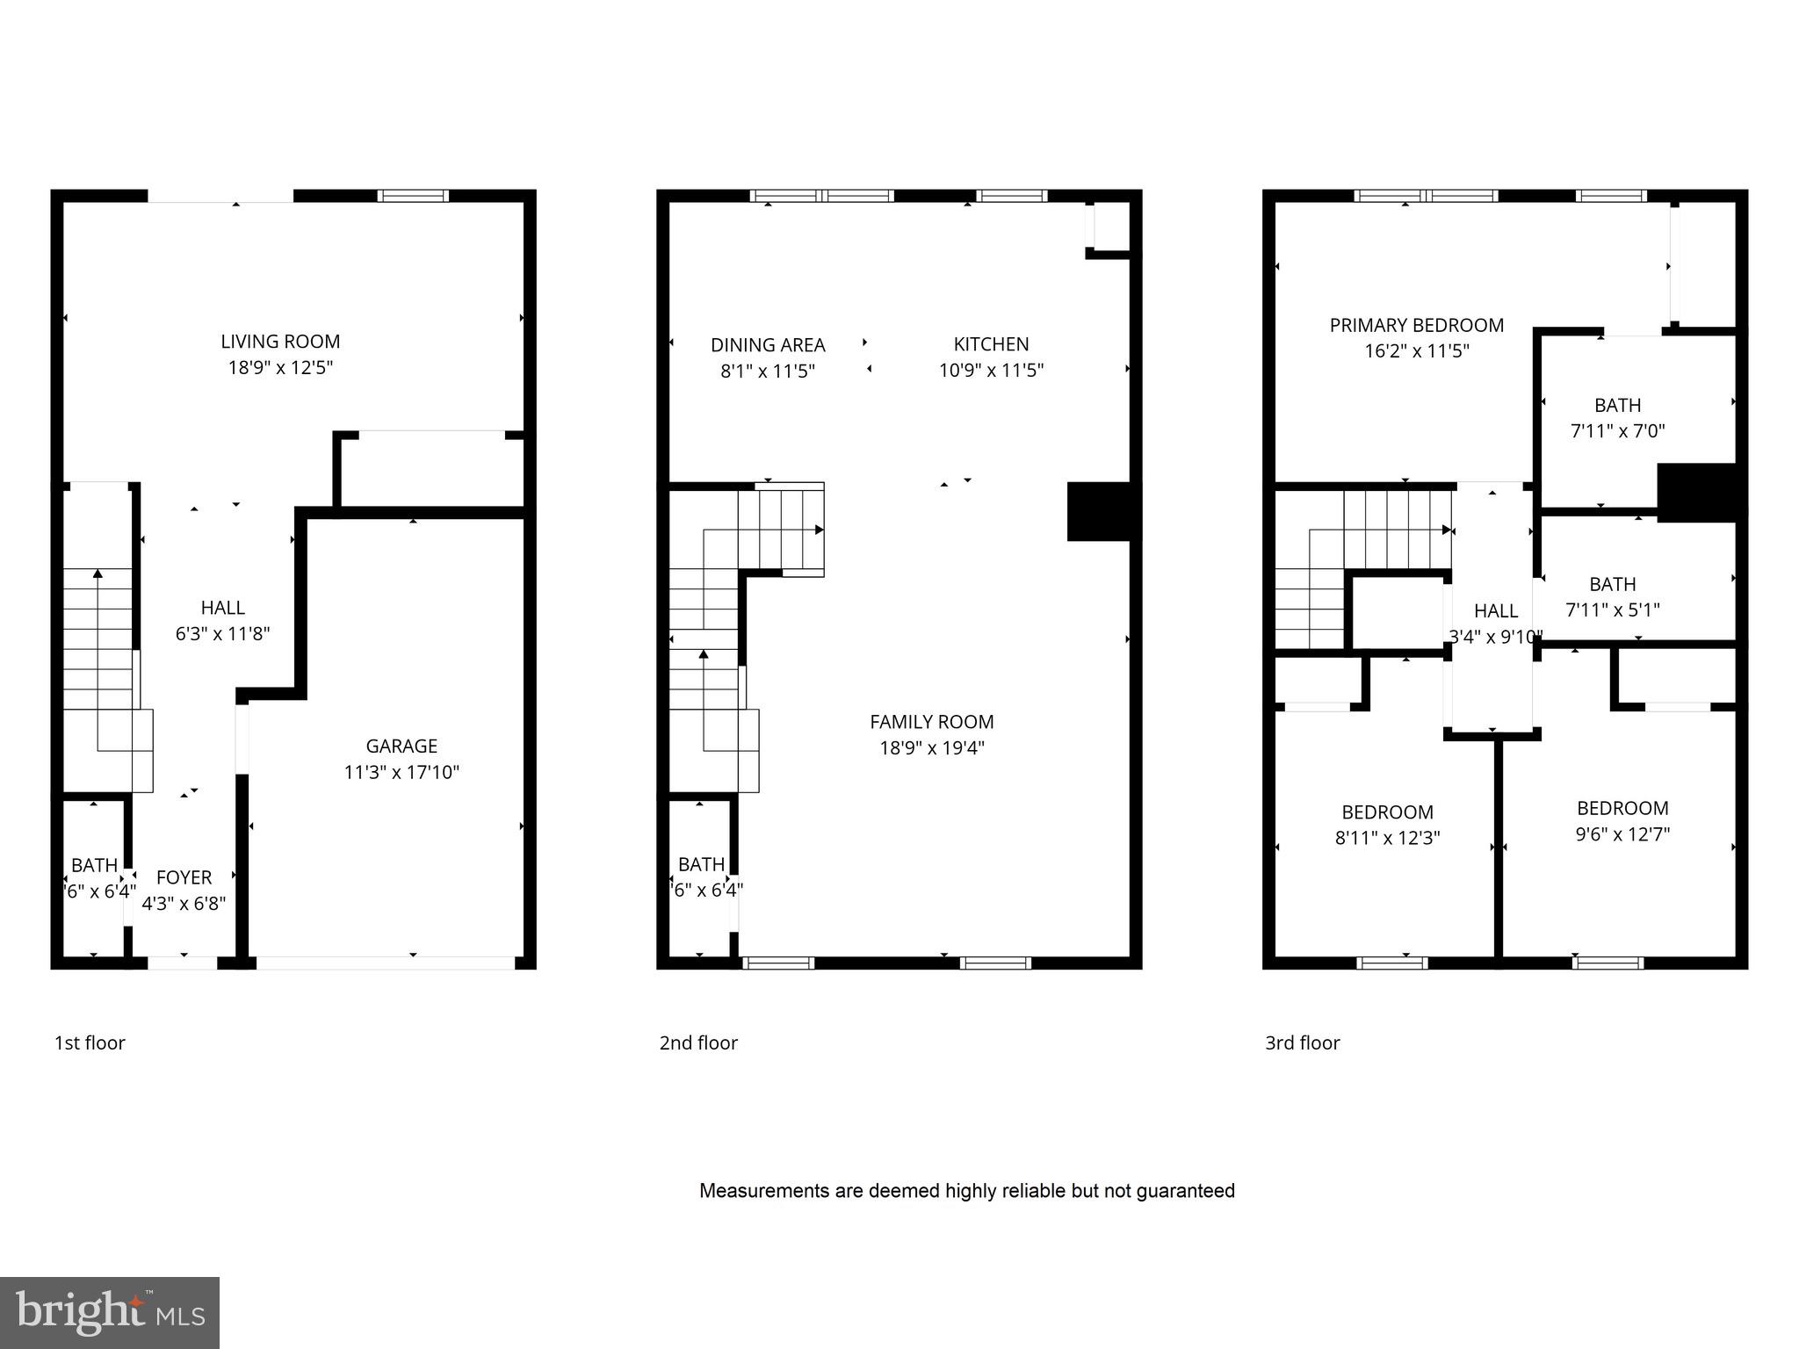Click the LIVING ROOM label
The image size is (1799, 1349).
(x=280, y=342)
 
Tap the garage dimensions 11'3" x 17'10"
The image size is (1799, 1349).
(x=401, y=772)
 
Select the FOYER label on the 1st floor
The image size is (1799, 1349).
(x=184, y=877)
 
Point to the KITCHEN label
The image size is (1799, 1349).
(x=991, y=344)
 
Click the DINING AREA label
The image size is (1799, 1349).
(x=768, y=345)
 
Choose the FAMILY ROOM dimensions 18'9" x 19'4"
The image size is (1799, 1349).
(x=932, y=748)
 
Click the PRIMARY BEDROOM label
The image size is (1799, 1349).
(x=1416, y=326)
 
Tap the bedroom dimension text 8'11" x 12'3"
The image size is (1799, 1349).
(x=1387, y=838)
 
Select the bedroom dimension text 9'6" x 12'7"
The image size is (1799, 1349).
(x=1622, y=833)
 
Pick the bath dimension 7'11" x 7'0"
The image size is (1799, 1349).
(x=1617, y=431)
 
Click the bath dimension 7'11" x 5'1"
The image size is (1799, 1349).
(x=1612, y=610)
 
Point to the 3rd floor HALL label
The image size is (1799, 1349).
(x=1495, y=610)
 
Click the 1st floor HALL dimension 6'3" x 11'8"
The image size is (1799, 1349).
(x=222, y=633)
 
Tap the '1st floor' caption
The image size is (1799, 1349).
(x=90, y=1042)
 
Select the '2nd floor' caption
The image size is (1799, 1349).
(x=698, y=1042)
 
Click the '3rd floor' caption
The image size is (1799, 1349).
(x=1302, y=1042)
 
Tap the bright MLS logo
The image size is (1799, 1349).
(x=110, y=1312)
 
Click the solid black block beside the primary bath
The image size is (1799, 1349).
(x=1696, y=492)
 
